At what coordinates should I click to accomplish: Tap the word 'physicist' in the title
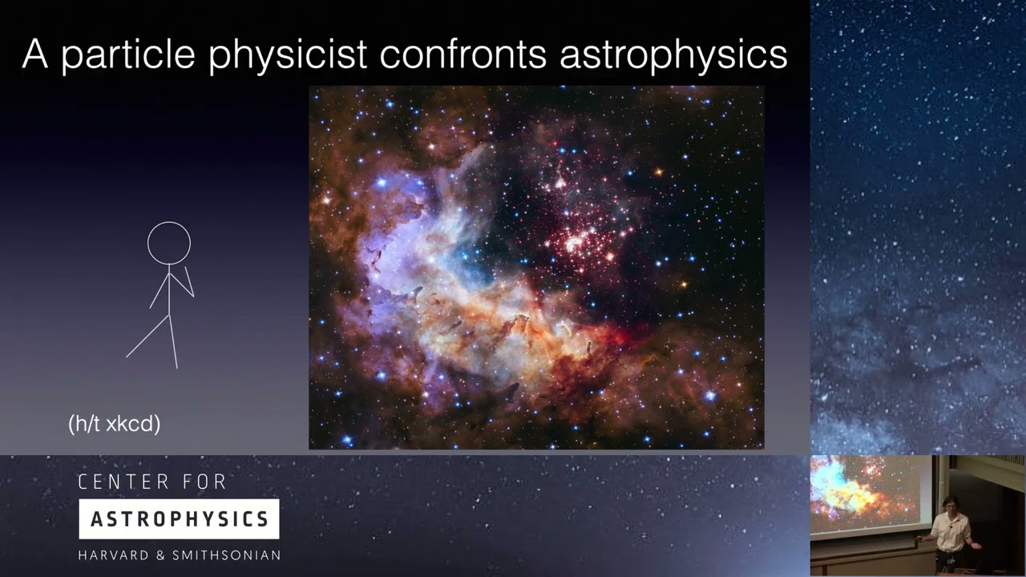(287, 54)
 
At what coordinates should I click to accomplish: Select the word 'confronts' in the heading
(463, 54)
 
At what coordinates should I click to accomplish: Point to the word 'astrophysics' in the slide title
(673, 54)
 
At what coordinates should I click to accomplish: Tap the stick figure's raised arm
(189, 282)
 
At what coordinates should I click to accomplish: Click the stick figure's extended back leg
(147, 337)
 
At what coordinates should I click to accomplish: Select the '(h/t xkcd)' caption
(115, 424)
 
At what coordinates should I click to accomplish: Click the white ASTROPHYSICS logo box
(179, 519)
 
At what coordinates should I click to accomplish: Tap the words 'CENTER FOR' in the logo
(152, 482)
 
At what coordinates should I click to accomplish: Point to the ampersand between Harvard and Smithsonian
(164, 555)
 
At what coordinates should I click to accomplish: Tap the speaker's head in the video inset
(951, 504)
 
